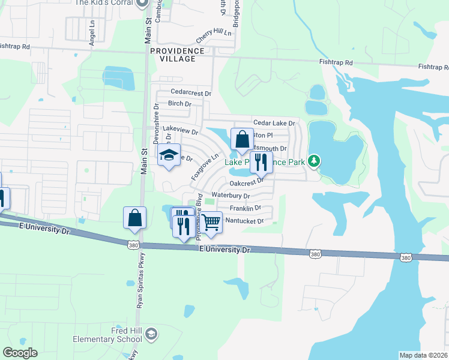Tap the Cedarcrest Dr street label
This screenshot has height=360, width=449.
coord(191,94)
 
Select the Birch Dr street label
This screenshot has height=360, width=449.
coord(179,104)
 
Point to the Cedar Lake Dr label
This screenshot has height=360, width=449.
coord(274,123)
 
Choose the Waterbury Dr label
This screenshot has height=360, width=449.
coord(230,196)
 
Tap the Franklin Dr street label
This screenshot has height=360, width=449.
coord(245,208)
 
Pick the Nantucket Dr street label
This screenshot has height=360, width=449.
coord(244,221)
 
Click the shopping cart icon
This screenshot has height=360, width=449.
coord(211,222)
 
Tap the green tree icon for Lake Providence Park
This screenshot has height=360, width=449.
coord(313,160)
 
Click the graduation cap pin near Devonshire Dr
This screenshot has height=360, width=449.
coord(169,155)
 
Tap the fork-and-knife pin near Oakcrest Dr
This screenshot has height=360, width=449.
coord(261,161)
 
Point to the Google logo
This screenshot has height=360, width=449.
coord(20,353)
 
